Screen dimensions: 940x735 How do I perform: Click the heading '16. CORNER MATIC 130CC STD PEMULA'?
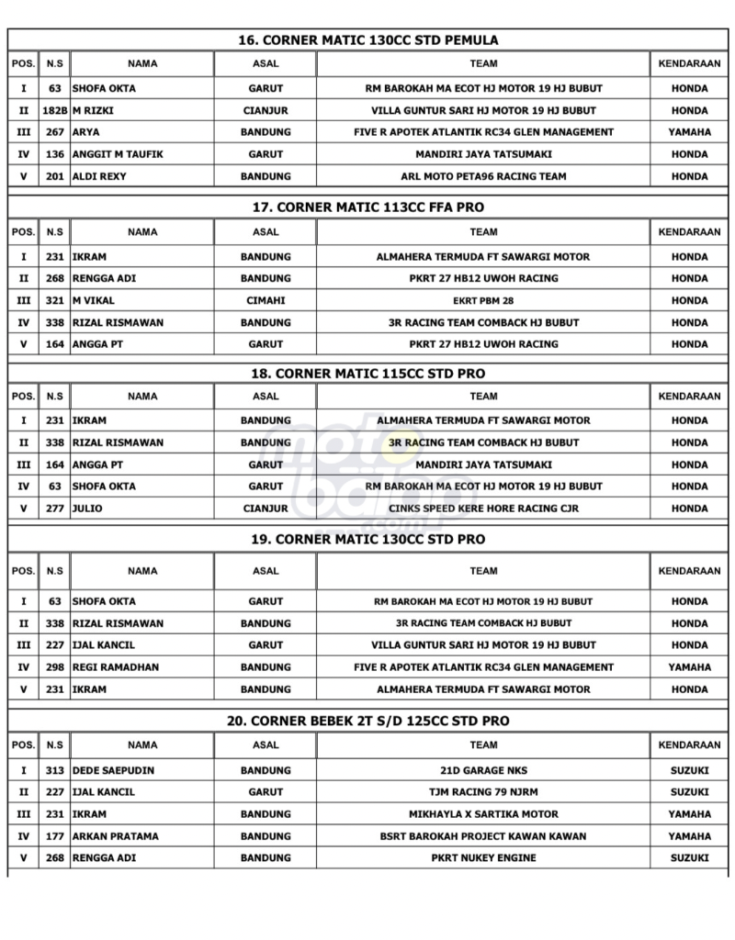point(367,40)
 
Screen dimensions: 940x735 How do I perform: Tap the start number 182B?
point(55,110)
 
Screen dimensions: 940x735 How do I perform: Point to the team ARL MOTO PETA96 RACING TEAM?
point(483,176)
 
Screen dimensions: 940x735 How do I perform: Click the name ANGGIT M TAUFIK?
point(118,154)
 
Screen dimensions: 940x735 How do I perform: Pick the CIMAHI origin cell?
point(266,300)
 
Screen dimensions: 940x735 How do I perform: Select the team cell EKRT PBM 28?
point(483,300)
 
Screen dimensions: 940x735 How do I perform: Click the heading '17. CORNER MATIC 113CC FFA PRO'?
point(367,208)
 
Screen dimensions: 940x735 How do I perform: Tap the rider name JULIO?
point(87,508)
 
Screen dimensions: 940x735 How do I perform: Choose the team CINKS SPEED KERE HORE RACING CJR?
point(483,508)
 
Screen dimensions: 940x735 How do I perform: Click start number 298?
point(55,667)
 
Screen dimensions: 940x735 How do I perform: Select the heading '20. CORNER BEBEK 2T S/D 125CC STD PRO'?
point(367,722)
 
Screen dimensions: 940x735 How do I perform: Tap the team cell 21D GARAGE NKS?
point(483,770)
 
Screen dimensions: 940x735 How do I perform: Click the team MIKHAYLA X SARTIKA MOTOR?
point(483,814)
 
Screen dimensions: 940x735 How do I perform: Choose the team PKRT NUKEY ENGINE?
point(483,858)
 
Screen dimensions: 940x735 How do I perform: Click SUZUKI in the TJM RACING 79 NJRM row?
point(689,792)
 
